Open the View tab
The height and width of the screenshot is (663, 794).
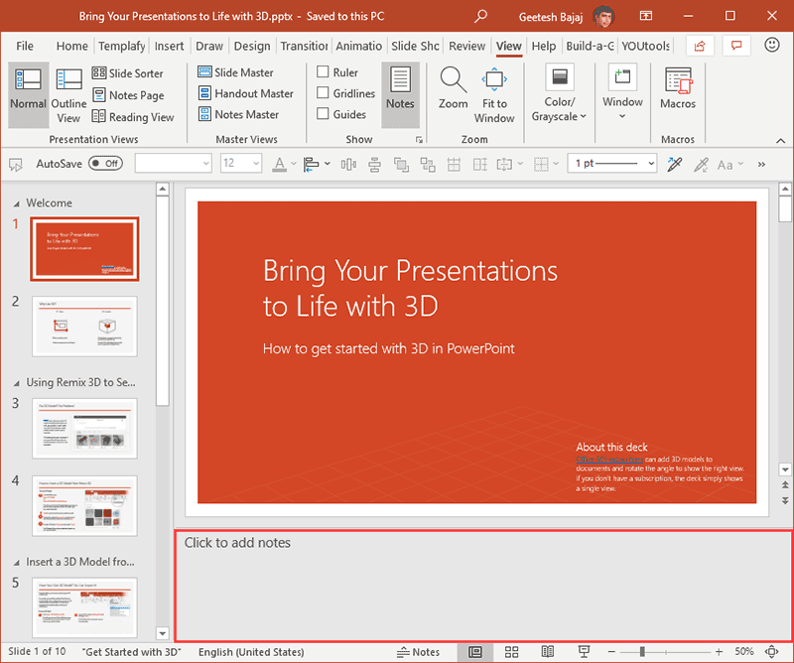pyautogui.click(x=508, y=46)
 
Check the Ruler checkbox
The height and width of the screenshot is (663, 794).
pyautogui.click(x=324, y=72)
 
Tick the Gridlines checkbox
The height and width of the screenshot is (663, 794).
pyautogui.click(x=324, y=93)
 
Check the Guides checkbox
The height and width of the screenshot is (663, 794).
pyautogui.click(x=324, y=114)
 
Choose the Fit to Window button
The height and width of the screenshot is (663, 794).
pyautogui.click(x=494, y=93)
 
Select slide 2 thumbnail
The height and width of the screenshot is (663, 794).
pyautogui.click(x=84, y=327)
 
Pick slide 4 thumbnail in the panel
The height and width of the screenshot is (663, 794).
pyautogui.click(x=84, y=505)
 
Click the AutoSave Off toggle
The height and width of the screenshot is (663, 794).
pyautogui.click(x=104, y=164)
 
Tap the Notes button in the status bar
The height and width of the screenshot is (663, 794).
pyautogui.click(x=418, y=652)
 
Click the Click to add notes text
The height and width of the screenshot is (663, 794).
pyautogui.click(x=237, y=543)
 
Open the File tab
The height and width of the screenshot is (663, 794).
pyautogui.click(x=25, y=46)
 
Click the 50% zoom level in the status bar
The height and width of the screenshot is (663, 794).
pyautogui.click(x=744, y=652)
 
